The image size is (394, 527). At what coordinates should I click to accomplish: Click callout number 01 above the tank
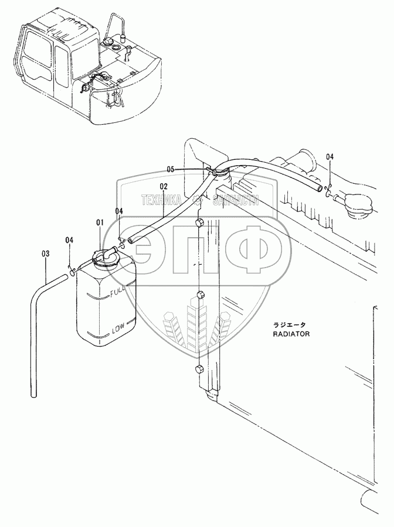(100, 223)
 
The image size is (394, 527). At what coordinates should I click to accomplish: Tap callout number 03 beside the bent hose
(46, 254)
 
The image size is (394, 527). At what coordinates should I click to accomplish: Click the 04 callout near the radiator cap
(330, 157)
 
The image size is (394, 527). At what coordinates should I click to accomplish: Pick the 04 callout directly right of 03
(69, 240)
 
